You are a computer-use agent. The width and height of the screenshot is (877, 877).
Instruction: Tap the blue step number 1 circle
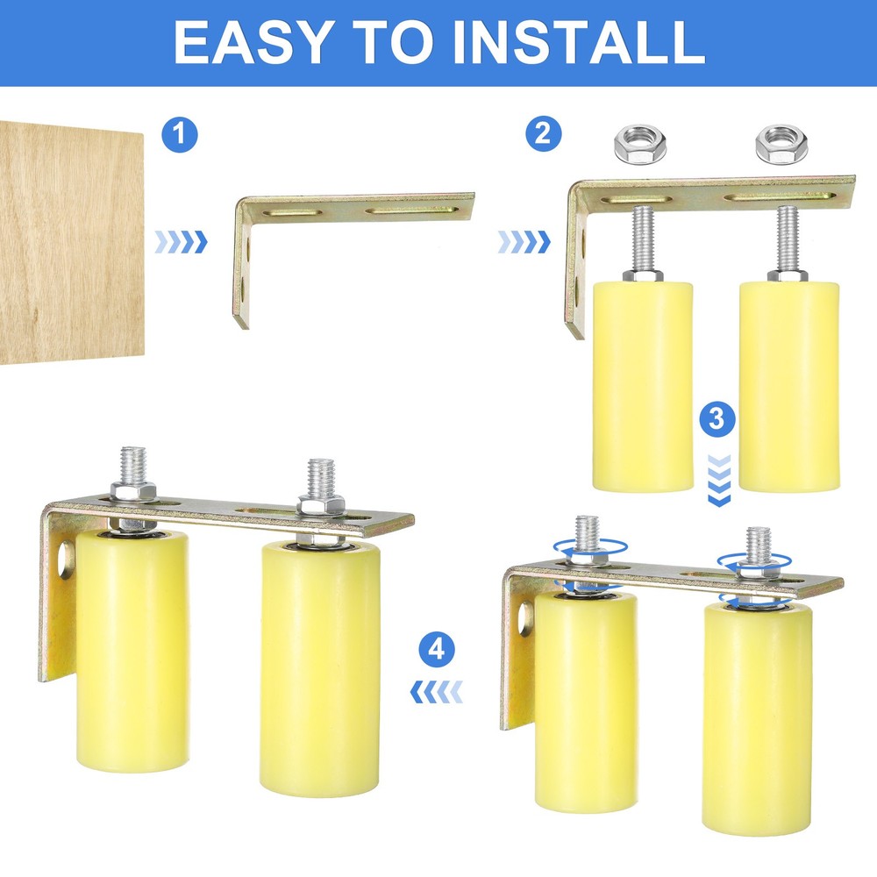[x=180, y=135]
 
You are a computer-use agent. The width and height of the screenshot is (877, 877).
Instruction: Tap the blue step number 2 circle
[x=543, y=135]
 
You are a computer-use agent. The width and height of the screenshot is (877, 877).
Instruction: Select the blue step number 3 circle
[x=718, y=419]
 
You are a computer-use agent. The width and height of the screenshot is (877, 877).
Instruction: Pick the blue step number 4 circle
[x=437, y=651]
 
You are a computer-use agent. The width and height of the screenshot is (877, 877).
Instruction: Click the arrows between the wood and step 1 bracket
[x=181, y=242]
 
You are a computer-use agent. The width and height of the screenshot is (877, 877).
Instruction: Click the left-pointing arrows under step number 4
[x=436, y=694]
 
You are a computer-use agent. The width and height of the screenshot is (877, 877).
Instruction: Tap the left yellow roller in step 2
[x=643, y=386]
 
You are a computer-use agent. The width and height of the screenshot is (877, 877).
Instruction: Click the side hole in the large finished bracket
[x=64, y=560]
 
